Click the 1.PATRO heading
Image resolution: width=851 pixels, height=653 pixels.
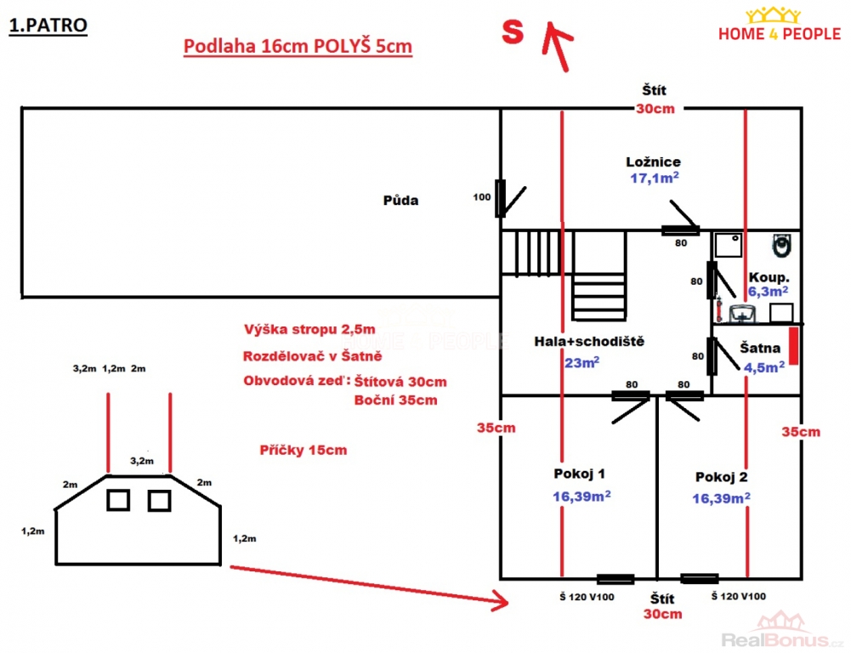tap(48, 25)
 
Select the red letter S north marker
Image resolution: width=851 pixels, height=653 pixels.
tap(512, 32)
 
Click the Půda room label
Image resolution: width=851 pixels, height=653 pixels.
tap(400, 202)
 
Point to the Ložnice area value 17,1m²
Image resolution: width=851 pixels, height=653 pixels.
tap(654, 178)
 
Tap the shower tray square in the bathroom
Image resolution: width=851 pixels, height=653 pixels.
tap(728, 246)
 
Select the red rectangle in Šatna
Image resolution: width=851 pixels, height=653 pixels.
tap(792, 347)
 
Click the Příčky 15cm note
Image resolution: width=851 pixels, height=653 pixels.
tap(303, 450)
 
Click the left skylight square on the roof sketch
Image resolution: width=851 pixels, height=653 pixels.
tap(118, 500)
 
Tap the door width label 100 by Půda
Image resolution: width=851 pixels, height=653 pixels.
tap(483, 197)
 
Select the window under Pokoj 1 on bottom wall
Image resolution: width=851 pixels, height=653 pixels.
tap(616, 579)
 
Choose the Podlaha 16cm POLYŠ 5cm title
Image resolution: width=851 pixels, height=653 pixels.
tap(298, 47)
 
